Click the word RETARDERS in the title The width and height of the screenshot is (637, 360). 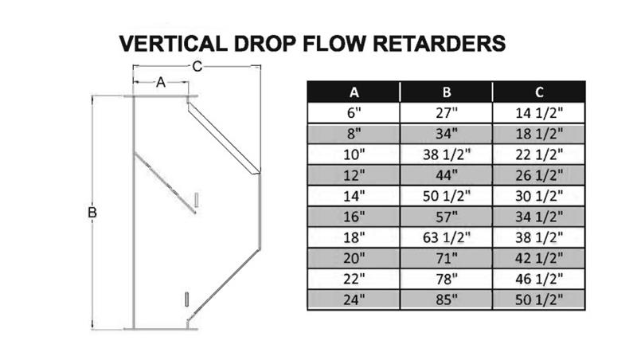440,44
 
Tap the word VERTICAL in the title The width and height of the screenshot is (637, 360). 173,44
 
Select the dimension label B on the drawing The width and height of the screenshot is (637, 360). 92,213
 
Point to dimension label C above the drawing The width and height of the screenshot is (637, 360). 197,66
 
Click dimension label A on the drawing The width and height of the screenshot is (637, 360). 161,83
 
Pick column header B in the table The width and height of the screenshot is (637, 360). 447,92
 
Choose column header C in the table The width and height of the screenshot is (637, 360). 539,92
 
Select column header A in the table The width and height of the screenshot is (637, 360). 354,92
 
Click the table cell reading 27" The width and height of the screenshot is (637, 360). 447,113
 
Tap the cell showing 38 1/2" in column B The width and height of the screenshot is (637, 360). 447,155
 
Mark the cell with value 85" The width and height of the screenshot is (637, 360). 447,299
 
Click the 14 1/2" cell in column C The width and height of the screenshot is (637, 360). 539,113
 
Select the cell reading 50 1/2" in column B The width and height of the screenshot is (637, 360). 447,196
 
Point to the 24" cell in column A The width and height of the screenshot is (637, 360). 354,299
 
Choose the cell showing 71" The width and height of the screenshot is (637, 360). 447,258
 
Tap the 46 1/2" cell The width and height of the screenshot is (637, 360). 539,279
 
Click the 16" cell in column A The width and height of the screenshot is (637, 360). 354,217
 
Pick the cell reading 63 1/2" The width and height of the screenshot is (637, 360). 447,237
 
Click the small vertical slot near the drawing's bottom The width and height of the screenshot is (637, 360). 186,299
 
